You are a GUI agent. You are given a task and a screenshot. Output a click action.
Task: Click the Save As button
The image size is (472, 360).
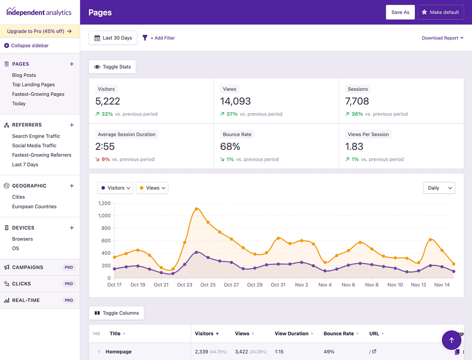click(x=400, y=12)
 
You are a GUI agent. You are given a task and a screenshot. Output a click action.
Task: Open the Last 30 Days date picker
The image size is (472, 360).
click(x=113, y=38)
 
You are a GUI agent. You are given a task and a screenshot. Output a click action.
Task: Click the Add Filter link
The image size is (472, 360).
click(x=159, y=38)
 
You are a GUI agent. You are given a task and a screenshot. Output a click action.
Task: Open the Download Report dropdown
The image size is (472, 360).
click(x=442, y=38)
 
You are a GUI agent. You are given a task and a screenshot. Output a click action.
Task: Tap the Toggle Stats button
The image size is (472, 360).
click(x=112, y=67)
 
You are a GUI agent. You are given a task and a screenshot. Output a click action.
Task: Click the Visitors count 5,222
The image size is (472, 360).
click(x=108, y=101)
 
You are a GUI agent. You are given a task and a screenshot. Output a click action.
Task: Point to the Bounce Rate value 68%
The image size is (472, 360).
click(x=230, y=146)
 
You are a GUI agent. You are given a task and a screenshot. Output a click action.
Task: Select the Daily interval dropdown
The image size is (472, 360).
click(x=439, y=188)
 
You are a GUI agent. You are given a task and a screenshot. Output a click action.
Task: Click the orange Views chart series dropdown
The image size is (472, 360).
click(x=152, y=188)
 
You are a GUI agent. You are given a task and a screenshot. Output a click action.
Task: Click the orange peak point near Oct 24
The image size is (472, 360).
click(x=197, y=209)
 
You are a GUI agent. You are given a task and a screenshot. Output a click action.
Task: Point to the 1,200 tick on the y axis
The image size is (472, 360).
click(x=104, y=203)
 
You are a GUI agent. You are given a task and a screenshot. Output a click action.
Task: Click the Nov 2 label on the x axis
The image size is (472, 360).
click(x=301, y=285)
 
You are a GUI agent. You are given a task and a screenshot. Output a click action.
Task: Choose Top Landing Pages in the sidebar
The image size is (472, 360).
click(x=33, y=84)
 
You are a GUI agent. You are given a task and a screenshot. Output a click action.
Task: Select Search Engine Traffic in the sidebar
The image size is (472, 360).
click(x=36, y=136)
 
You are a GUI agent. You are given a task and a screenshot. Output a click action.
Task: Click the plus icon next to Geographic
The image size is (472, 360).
click(x=72, y=186)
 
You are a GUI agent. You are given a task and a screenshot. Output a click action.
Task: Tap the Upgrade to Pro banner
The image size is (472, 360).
click(x=40, y=31)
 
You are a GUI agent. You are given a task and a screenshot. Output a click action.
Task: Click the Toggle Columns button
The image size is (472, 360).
click(x=116, y=313)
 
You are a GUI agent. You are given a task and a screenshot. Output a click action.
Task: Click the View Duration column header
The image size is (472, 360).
click(x=292, y=333)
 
